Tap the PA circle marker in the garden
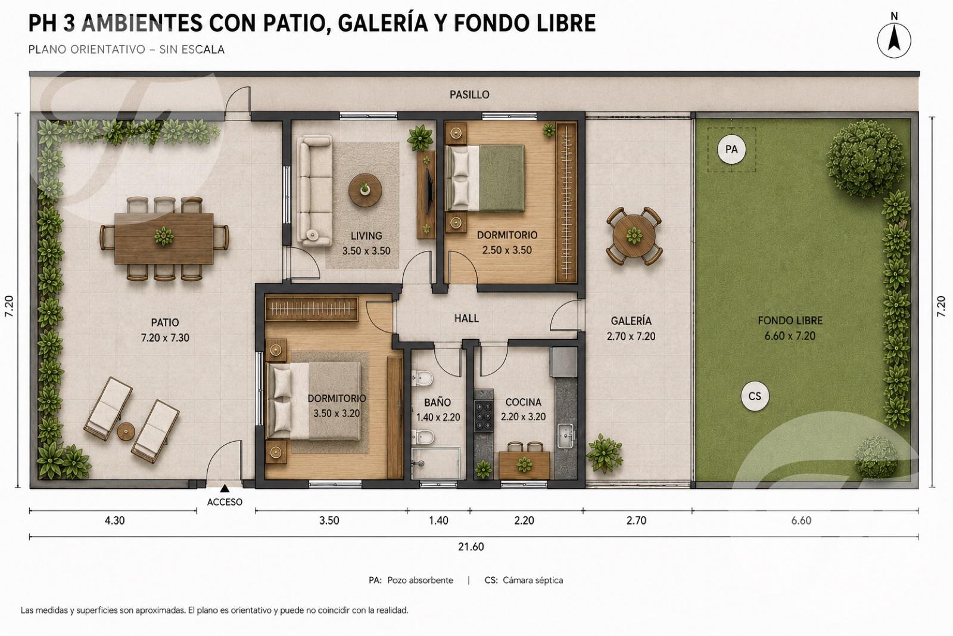click(x=731, y=150)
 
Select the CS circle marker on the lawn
click(x=754, y=396)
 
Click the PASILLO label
click(x=469, y=95)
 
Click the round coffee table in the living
click(x=365, y=190)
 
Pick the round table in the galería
click(x=634, y=235)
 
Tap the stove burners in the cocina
click(x=484, y=416)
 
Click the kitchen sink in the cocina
click(x=566, y=436)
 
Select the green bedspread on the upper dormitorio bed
click(x=502, y=178)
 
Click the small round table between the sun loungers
click(x=126, y=432)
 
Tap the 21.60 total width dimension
click(x=471, y=547)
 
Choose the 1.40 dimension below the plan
click(x=438, y=520)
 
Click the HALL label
click(x=466, y=318)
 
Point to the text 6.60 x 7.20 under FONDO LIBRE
click(x=790, y=336)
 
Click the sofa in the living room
click(x=314, y=190)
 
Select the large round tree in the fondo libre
click(x=865, y=159)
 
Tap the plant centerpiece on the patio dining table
click(x=164, y=236)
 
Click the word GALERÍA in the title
click(x=382, y=23)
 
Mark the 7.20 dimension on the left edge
click(x=10, y=306)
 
